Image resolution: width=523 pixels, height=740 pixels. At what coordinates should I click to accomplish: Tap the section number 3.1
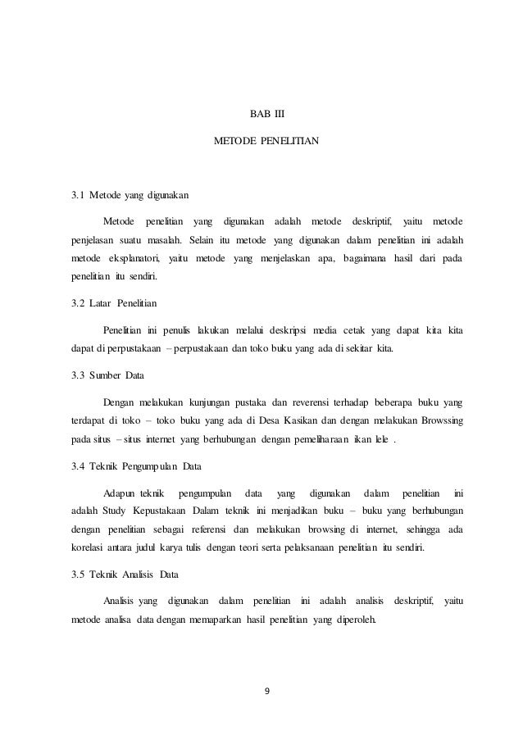[x=78, y=197]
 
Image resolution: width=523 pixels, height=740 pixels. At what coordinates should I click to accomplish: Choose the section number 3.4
[x=79, y=468]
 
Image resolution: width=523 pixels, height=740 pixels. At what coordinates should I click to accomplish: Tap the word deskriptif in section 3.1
[x=371, y=223]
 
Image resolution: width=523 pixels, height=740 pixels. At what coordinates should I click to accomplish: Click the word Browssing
[x=442, y=420]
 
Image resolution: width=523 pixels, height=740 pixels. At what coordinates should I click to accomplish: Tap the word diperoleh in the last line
[x=352, y=619]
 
